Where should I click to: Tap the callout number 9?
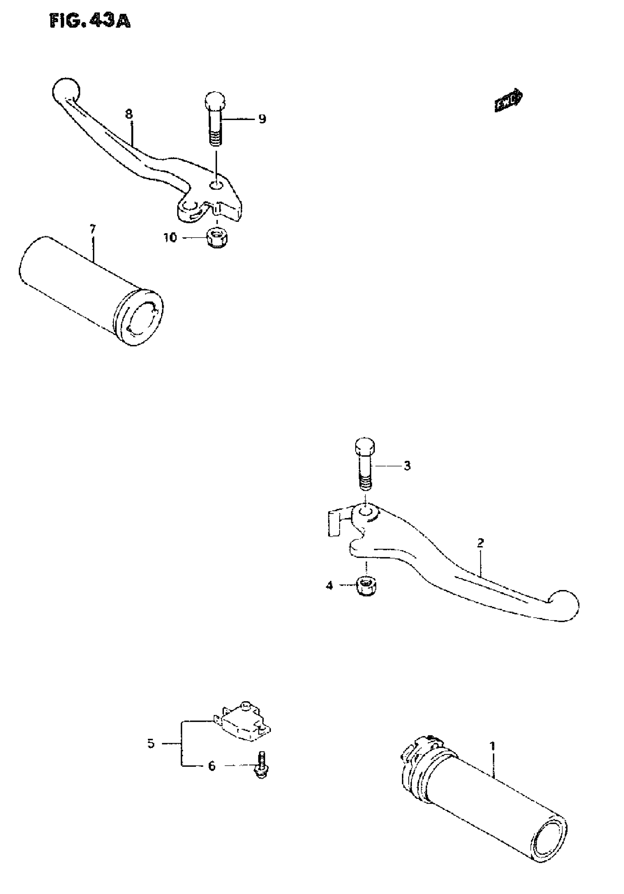pyautogui.click(x=262, y=119)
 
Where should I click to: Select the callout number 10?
pyautogui.click(x=170, y=237)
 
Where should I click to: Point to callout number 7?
pyautogui.click(x=92, y=229)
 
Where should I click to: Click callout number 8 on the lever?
pyautogui.click(x=129, y=114)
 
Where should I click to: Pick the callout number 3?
pyautogui.click(x=407, y=466)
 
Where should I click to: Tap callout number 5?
pyautogui.click(x=151, y=743)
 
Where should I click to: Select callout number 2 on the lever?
pyautogui.click(x=480, y=543)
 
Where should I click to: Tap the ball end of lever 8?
pyautogui.click(x=65, y=90)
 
